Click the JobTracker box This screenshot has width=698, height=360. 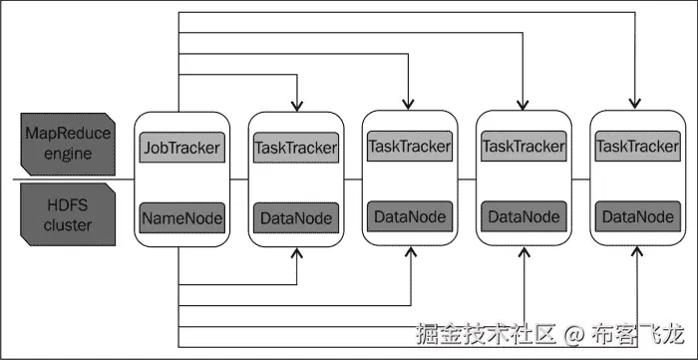(x=181, y=149)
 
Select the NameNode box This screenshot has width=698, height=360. (x=181, y=216)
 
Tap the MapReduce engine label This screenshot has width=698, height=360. (x=69, y=144)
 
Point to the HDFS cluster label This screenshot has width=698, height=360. (x=69, y=213)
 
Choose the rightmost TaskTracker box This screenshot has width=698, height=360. (x=636, y=147)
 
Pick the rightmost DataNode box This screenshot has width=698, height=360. (x=636, y=215)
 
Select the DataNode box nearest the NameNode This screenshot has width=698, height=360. (x=295, y=216)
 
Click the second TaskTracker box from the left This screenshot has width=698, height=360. (x=410, y=147)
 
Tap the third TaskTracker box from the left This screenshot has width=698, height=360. (x=523, y=147)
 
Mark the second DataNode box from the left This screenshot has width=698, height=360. (x=410, y=215)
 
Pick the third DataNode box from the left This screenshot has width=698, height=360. (x=523, y=215)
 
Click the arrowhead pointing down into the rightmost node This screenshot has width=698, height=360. (x=635, y=103)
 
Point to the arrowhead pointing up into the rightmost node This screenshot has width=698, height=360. (x=636, y=255)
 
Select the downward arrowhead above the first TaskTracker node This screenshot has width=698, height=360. (x=295, y=105)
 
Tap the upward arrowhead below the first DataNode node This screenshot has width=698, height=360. (x=295, y=255)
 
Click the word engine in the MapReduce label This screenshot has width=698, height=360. (x=69, y=154)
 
